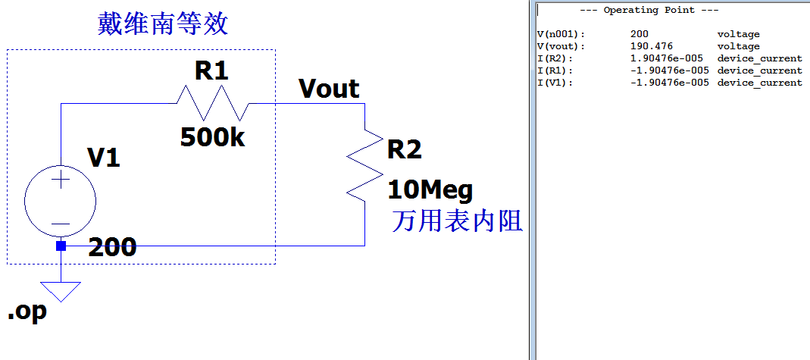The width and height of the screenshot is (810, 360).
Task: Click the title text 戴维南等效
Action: tap(163, 24)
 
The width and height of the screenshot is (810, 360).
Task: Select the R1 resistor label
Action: tap(211, 71)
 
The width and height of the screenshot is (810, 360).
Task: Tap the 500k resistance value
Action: tap(212, 138)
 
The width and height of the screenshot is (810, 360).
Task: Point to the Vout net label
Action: tap(329, 89)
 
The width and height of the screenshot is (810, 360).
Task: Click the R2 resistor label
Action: tap(404, 149)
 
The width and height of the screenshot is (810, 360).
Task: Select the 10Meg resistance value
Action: tap(430, 189)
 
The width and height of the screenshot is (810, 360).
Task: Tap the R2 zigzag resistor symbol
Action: tap(364, 165)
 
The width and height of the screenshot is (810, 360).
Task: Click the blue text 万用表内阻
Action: tap(457, 221)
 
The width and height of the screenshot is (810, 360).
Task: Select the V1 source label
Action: tap(104, 158)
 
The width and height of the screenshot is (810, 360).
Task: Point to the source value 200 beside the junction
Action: tap(112, 247)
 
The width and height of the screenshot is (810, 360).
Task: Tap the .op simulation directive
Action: tap(27, 311)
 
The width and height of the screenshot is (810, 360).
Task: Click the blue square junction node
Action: tap(61, 246)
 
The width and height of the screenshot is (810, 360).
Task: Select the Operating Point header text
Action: tap(649, 10)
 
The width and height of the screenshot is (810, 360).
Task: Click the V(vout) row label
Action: tap(561, 46)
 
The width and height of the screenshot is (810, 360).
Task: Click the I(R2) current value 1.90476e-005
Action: tap(669, 58)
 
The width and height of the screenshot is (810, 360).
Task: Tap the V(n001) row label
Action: tap(561, 34)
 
